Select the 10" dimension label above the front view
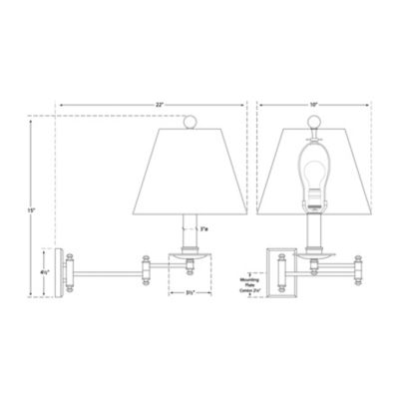314,105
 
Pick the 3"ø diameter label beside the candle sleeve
204,229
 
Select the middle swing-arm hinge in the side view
145,266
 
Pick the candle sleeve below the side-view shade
188,232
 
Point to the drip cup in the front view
314,260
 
